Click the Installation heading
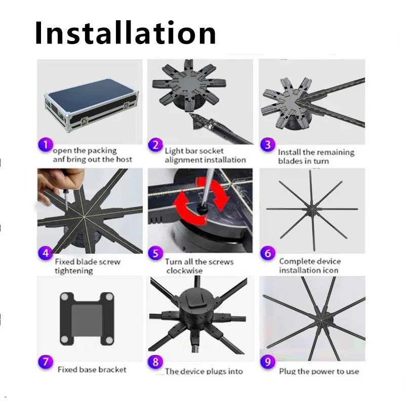tap(125, 33)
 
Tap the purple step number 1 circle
tap(46, 145)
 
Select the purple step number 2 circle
tap(155, 145)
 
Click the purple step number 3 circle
tap(268, 145)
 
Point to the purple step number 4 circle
tap(46, 253)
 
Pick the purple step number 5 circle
tap(155, 253)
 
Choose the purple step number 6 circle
tap(268, 253)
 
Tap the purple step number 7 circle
tap(46, 362)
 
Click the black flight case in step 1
tap(92, 106)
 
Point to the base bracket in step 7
tap(87, 318)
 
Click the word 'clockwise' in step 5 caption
tap(184, 271)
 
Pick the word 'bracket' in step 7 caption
tap(112, 370)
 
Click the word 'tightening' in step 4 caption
tap(74, 271)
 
